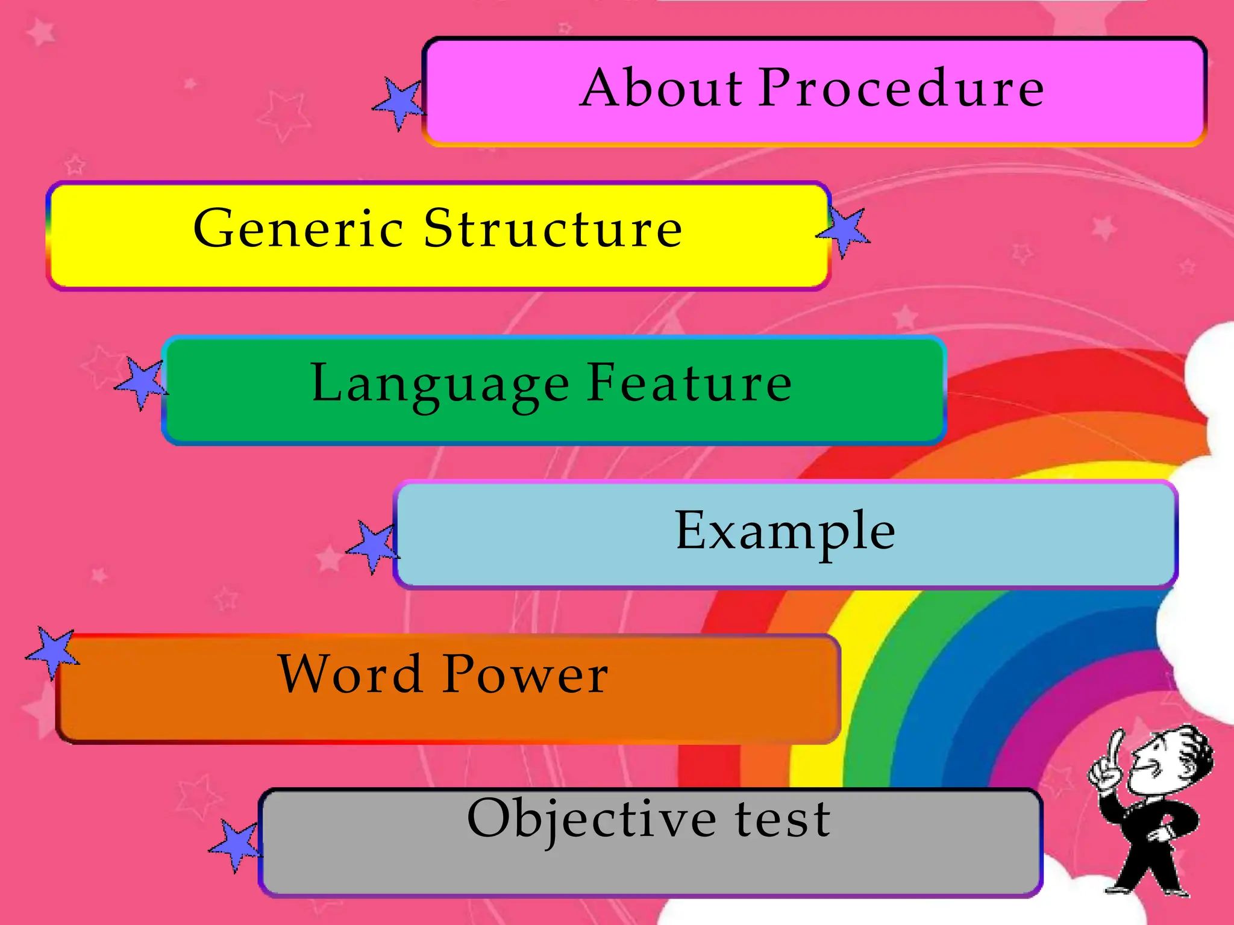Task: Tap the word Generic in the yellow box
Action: pos(298,229)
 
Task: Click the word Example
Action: pos(785,532)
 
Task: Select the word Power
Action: pos(525,674)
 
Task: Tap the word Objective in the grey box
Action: pos(592,820)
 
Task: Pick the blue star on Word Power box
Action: pos(53,652)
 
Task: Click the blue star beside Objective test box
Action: pos(236,844)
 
